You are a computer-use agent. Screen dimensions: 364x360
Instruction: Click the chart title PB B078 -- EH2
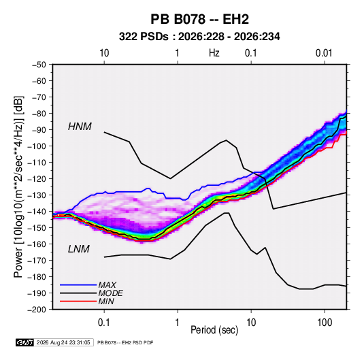199,19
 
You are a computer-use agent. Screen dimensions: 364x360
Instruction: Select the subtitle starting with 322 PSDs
199,37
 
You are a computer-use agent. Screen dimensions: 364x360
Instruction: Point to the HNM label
80,127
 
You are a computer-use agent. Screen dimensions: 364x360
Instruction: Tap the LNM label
79,249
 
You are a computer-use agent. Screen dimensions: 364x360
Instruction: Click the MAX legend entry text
107,284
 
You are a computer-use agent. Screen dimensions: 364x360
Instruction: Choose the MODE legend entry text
110,293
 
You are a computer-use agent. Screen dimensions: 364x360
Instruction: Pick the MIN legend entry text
106,301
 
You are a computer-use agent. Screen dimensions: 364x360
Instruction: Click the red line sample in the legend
78,301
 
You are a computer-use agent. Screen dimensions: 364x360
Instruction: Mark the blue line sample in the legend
78,284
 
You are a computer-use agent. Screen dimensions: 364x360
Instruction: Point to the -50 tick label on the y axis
39,65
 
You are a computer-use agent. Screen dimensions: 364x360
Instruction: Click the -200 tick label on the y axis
37,310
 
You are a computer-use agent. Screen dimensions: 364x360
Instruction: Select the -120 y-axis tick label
37,179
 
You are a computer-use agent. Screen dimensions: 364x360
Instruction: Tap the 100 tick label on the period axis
325,323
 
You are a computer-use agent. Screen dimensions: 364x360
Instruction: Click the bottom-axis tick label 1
178,323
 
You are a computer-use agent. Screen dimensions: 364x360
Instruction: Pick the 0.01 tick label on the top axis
324,53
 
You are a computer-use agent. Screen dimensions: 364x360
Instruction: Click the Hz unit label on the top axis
214,53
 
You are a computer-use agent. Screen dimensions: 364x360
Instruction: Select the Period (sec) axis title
214,330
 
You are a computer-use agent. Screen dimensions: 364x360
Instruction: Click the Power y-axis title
18,187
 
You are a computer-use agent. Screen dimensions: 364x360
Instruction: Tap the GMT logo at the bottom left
24,342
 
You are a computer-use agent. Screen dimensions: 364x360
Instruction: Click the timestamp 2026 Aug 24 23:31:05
63,342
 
